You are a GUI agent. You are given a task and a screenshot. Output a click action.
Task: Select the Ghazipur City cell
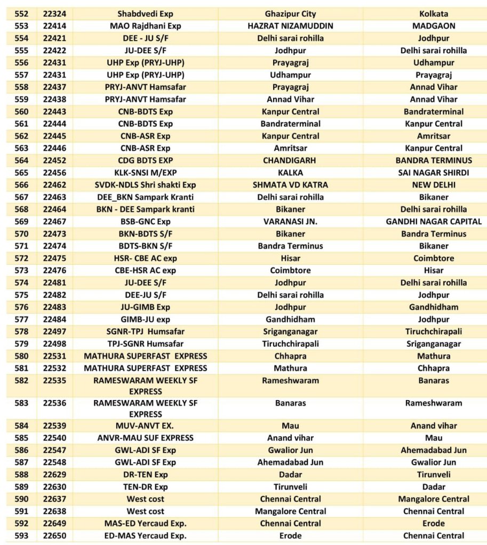pos(290,14)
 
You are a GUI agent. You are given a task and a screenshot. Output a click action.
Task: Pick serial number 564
pos(22,160)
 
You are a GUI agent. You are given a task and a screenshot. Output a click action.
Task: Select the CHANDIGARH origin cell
pos(290,160)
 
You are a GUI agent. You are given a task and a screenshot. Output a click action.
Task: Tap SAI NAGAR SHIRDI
pos(434,173)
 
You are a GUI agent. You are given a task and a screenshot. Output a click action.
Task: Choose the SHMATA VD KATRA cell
pos(290,185)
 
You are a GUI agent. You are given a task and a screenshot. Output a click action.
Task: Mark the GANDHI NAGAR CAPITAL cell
pos(434,222)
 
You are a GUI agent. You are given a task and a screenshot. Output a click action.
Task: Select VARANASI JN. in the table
pos(290,222)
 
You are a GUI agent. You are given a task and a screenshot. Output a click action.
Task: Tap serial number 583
pos(22,403)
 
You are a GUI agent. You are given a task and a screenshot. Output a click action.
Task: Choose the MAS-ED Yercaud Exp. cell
pos(145,524)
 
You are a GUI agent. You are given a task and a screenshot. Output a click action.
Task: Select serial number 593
pos(22,536)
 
